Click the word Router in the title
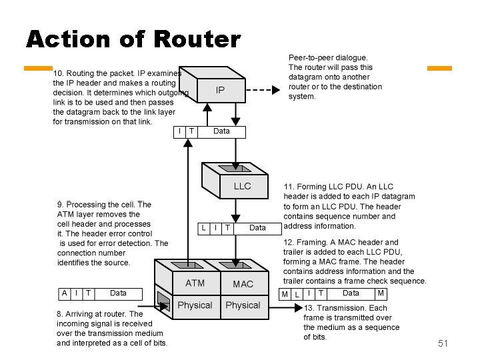(x=196, y=40)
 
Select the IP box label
(x=219, y=90)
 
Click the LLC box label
(x=242, y=186)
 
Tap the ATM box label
(x=195, y=283)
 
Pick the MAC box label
(x=243, y=284)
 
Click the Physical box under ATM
(x=195, y=305)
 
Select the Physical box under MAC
(x=243, y=305)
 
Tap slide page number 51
(x=443, y=343)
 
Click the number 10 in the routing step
(x=58, y=72)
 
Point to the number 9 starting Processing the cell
(x=60, y=205)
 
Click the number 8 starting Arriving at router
(x=60, y=313)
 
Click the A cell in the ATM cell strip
(x=64, y=293)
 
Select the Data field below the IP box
(x=221, y=131)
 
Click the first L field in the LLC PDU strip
(x=204, y=227)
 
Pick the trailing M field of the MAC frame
(x=380, y=293)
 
